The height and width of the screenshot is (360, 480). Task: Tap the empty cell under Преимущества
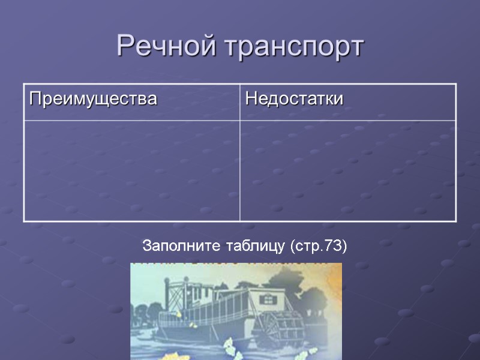[x=131, y=170]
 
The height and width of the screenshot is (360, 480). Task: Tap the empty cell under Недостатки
[x=348, y=170]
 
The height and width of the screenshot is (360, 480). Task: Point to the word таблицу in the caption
[x=255, y=246]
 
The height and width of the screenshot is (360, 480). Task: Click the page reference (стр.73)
[x=319, y=246]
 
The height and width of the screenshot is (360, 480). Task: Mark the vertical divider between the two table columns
[x=240, y=152]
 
